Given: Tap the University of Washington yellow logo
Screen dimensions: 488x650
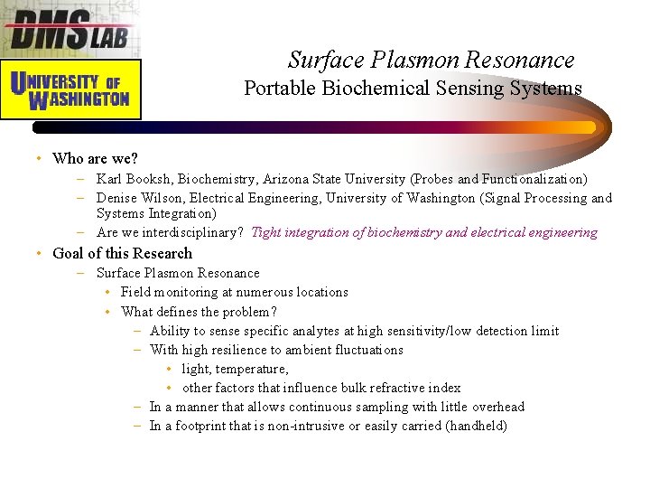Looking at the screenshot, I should tap(70, 89).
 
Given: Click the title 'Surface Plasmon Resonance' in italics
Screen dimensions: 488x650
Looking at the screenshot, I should tap(431, 61).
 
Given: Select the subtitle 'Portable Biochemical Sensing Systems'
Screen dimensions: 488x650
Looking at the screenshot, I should tap(413, 89).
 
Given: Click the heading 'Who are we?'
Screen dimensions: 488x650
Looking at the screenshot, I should tap(95, 158).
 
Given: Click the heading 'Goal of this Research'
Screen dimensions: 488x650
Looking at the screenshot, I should tap(122, 253).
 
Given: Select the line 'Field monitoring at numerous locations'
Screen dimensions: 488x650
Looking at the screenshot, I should tap(234, 292).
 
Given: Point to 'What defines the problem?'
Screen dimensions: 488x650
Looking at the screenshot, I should tap(199, 312).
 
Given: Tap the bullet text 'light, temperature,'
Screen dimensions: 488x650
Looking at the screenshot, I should tap(235, 369).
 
